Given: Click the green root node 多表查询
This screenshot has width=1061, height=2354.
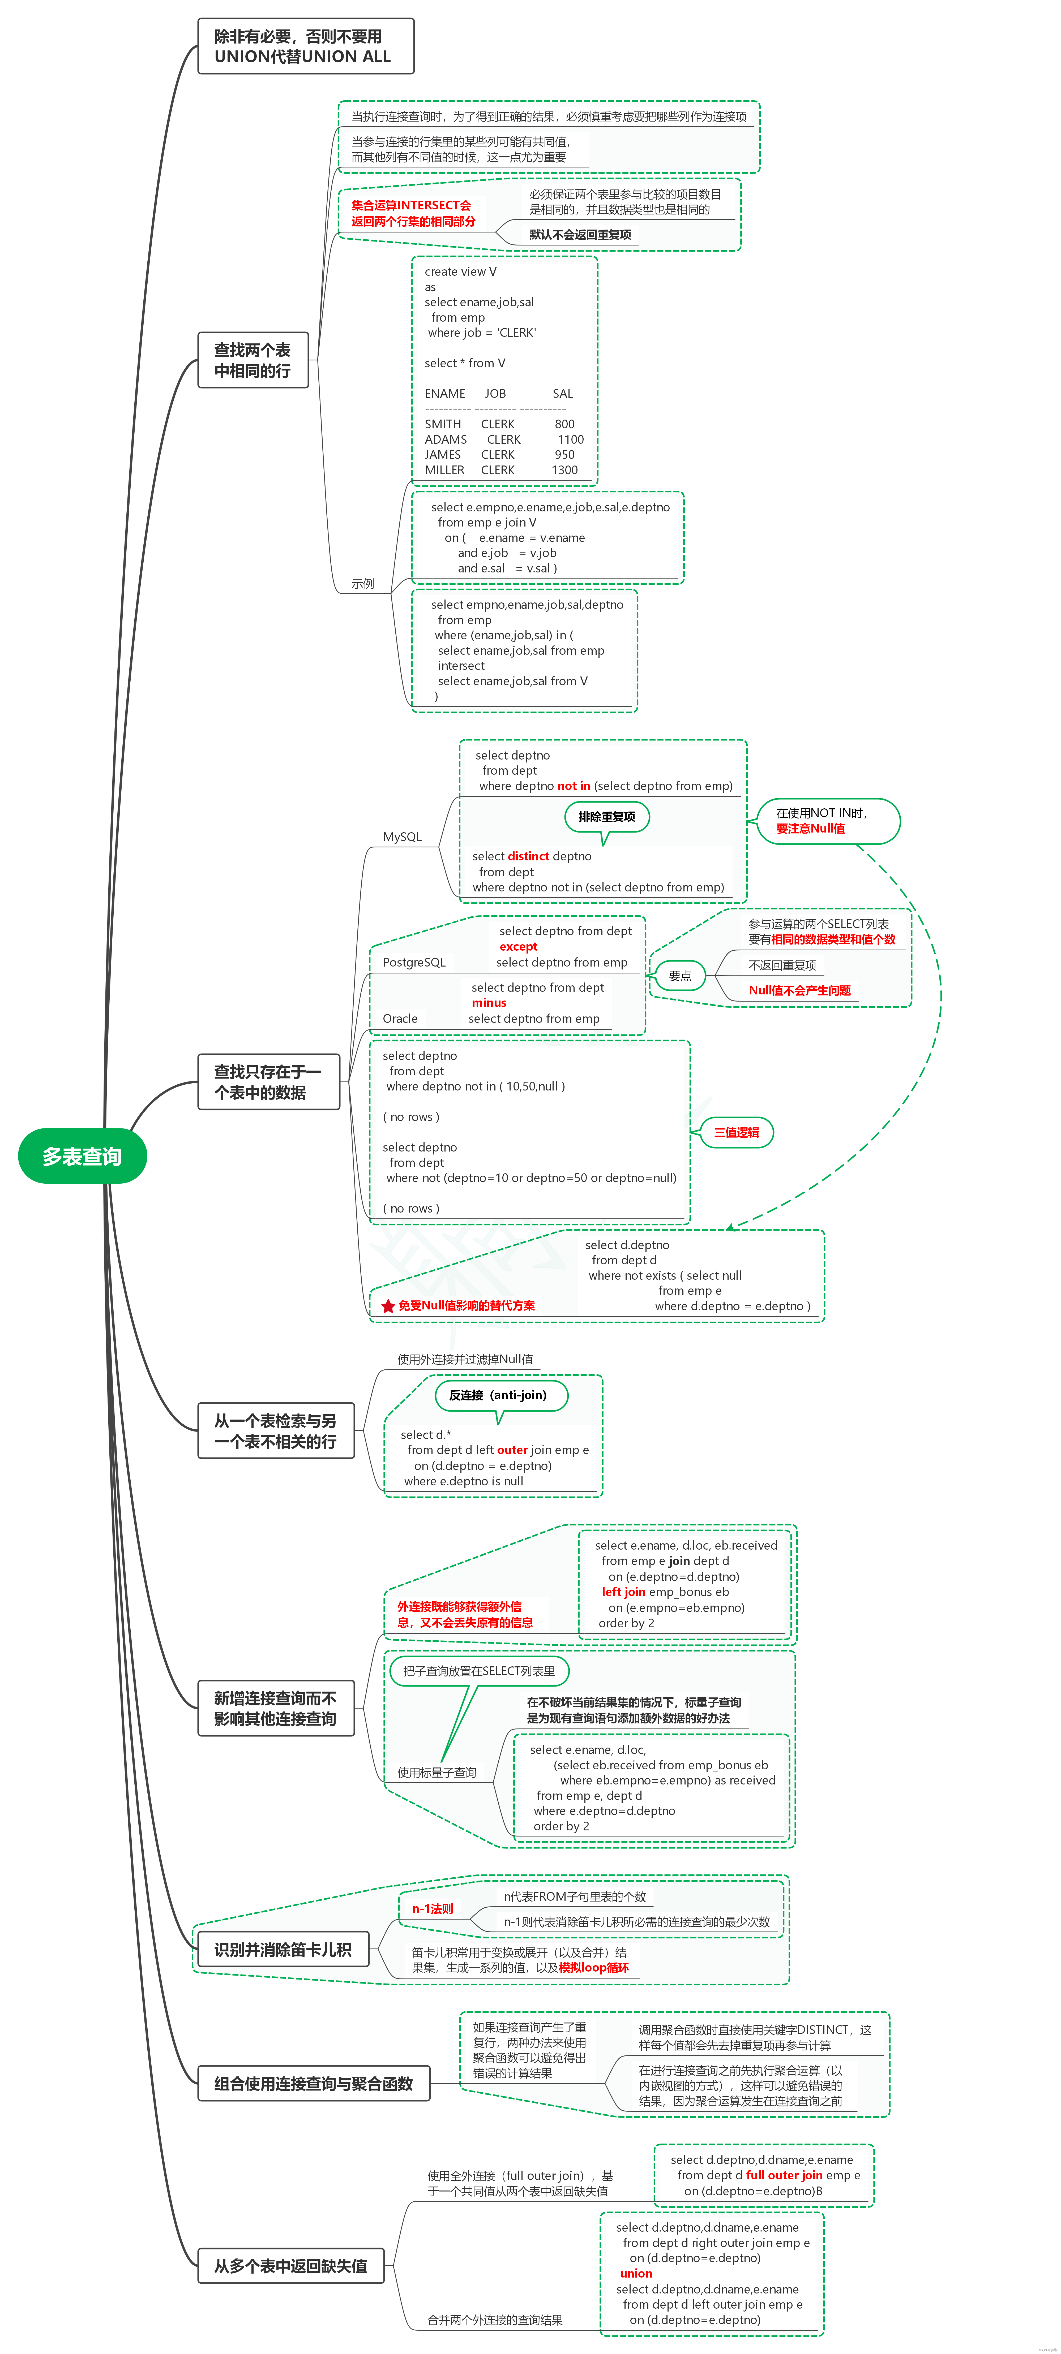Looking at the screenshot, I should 82,1156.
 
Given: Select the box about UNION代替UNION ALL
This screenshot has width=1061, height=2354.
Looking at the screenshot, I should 305,46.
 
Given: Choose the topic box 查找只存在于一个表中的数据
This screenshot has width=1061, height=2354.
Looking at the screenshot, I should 268,1082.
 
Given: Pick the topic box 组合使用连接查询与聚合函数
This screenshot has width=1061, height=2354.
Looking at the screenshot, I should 314,2084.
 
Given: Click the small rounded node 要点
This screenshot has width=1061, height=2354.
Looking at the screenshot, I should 680,976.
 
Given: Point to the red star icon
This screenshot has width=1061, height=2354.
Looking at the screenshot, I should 387,1306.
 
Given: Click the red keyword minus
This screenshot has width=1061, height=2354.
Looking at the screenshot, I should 489,1002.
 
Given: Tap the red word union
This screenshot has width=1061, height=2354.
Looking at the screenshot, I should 636,2273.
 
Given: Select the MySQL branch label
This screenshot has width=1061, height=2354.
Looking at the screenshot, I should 402,837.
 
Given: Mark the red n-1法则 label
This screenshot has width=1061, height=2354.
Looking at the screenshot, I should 432,1909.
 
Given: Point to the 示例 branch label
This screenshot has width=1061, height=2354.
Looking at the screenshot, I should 363,583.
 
